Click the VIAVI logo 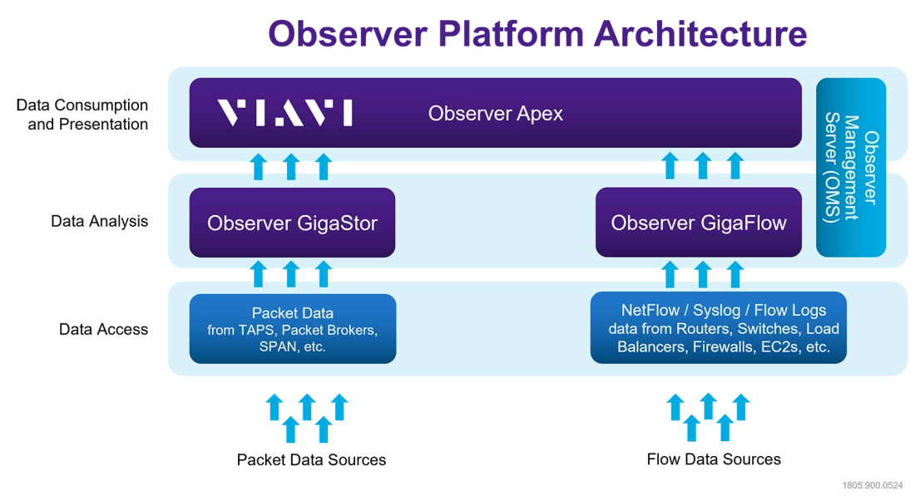coord(284,112)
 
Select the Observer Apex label coord(496,113)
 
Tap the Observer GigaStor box coord(292,222)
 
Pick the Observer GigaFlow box coord(699,222)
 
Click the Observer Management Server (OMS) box coord(851,168)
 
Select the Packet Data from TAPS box coord(293,329)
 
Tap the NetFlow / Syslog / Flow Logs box coord(719,327)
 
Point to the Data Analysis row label coord(99,222)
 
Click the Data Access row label coord(103,329)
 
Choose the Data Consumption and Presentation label coord(82,114)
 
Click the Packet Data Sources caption coord(311,460)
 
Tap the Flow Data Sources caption coord(714,459)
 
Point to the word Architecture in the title coord(700,33)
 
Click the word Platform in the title coord(511,33)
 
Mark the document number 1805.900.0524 coord(873,485)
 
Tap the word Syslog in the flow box coord(716,311)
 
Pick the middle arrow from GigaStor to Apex coord(291,167)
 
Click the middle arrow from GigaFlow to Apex coord(703,166)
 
